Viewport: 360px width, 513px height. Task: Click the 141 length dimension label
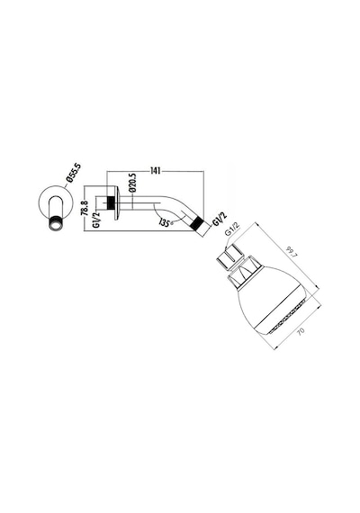coord(156,171)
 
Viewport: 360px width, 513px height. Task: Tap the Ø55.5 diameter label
coord(73,174)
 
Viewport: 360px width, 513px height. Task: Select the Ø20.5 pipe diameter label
coord(132,183)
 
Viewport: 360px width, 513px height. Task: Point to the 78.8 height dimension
coord(85,208)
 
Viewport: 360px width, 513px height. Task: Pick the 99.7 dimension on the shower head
coord(291,253)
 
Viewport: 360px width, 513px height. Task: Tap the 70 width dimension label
coord(301,330)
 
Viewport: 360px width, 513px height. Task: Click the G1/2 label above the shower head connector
coord(233,229)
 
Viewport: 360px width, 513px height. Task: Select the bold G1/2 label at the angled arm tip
coord(220,219)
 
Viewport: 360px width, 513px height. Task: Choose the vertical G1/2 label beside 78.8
coord(96,220)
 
